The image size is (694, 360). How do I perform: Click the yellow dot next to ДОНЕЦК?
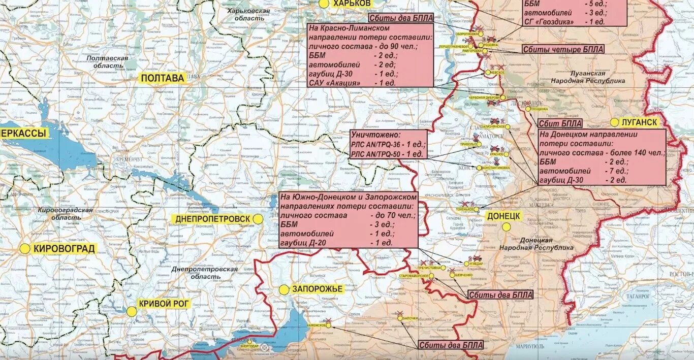506,227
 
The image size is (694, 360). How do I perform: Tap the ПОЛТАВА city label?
163,78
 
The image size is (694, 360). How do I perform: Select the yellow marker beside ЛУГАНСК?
614,122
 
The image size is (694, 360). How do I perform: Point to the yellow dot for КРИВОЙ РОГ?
131,312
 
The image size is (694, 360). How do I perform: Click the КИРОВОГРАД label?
64,249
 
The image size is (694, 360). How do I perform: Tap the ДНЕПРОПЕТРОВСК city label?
213,219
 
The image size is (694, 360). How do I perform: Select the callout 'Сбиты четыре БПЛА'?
563,49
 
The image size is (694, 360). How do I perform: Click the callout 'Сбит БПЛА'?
560,124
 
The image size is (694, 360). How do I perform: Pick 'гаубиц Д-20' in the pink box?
303,243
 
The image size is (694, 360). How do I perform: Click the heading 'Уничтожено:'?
375,135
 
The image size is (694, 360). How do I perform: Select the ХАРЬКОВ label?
352,3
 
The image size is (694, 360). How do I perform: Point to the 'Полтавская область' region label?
107,62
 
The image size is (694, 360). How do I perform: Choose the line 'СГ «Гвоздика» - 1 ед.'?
564,21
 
